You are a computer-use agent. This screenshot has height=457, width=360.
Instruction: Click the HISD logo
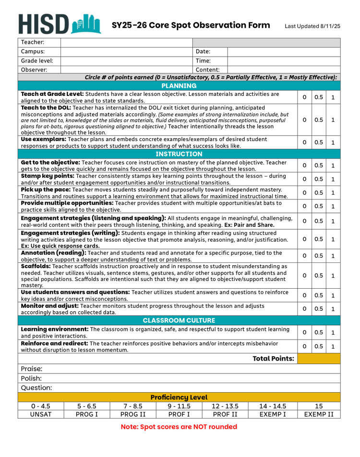60,23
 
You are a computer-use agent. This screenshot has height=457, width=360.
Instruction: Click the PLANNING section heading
179,86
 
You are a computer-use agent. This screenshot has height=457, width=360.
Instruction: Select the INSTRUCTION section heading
179,154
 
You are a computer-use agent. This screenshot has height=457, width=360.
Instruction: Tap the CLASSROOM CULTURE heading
179,320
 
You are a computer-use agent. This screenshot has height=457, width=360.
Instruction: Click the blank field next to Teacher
126,42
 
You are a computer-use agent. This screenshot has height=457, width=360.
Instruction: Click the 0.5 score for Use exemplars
319,142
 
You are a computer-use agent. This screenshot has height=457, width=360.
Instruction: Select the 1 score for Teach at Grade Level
333,97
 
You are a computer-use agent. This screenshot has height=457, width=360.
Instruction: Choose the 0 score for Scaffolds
304,276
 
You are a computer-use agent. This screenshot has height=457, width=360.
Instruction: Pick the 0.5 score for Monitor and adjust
319,309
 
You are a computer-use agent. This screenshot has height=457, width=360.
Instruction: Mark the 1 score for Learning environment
333,332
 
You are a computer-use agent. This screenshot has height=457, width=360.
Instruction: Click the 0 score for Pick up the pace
304,193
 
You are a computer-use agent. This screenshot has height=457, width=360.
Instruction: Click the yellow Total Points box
319,359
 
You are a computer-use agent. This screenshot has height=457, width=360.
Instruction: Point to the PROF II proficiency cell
225,414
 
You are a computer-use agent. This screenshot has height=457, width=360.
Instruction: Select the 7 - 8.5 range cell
133,406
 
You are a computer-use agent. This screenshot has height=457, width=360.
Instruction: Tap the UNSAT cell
41,414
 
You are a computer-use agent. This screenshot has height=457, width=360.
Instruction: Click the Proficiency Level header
179,397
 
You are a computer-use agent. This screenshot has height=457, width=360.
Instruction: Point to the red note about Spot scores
179,426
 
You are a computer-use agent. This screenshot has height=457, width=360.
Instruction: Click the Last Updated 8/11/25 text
312,26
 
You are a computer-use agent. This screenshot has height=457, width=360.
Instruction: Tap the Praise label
32,369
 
